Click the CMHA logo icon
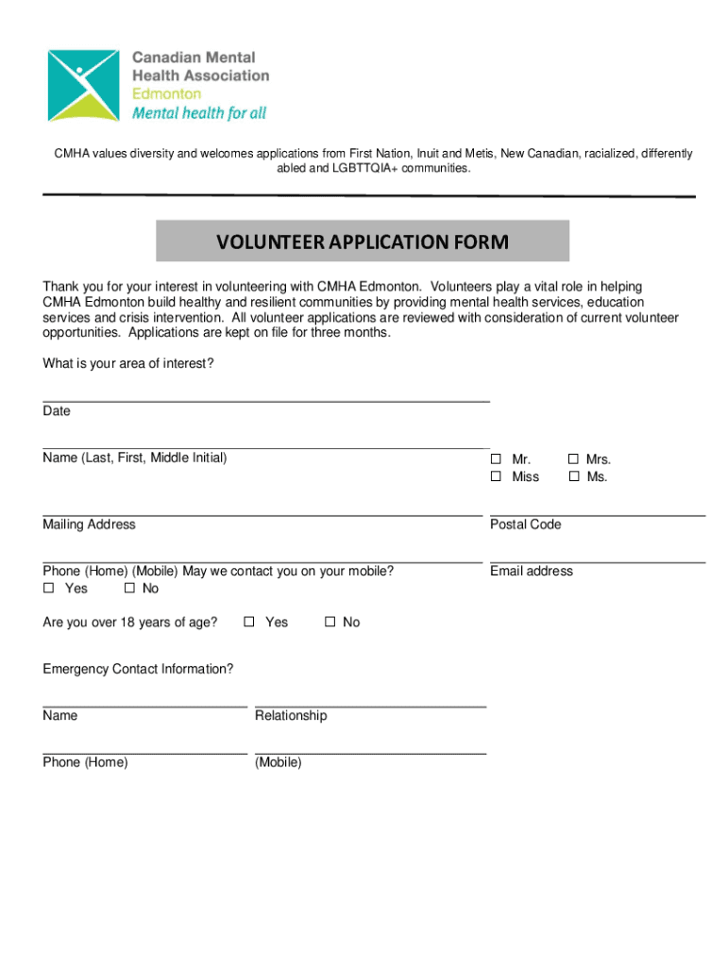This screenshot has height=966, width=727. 84,85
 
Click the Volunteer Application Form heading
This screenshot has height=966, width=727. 363,242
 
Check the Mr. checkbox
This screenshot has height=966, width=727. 496,459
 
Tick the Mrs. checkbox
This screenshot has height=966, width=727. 573,459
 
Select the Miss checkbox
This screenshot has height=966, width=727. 496,476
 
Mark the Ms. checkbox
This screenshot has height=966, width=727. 573,476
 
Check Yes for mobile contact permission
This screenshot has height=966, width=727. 49,589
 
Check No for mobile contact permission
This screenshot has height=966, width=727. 129,589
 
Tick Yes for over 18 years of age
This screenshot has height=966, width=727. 249,622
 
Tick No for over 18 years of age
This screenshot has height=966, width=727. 330,622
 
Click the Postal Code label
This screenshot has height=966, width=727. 525,525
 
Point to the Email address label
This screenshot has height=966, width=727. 532,571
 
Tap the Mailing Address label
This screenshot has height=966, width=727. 89,525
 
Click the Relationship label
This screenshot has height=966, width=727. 291,715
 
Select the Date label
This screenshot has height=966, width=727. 57,411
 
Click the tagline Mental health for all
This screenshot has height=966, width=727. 199,113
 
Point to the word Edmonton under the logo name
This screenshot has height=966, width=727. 166,93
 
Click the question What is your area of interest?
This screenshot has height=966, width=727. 127,364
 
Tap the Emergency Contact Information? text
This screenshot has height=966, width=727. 138,669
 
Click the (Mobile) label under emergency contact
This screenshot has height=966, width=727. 279,762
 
